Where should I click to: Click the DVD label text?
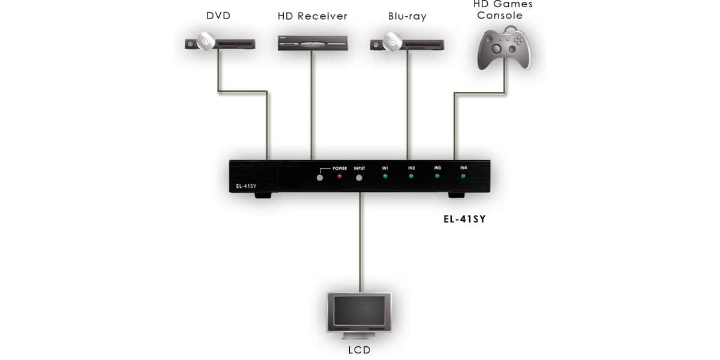click(x=218, y=16)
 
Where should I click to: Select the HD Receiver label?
click(x=313, y=16)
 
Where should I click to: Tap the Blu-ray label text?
click(x=407, y=16)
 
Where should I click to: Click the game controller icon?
click(x=504, y=48)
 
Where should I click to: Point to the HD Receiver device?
click(x=313, y=43)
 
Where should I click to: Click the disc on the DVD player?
click(x=206, y=41)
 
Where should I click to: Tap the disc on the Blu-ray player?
click(x=392, y=42)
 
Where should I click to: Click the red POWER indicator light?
click(x=340, y=176)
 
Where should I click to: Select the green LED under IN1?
click(x=385, y=176)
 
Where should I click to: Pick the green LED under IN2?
click(x=411, y=176)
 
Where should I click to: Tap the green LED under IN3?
click(x=437, y=176)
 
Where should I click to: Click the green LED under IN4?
click(x=463, y=176)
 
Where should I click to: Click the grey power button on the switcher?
click(x=320, y=178)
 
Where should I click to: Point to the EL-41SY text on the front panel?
click(x=246, y=186)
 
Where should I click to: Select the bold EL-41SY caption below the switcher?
click(x=464, y=219)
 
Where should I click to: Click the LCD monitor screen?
click(x=359, y=311)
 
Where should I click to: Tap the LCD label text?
click(x=359, y=350)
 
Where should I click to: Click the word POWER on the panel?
click(x=340, y=169)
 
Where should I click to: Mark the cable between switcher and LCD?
click(x=361, y=242)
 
